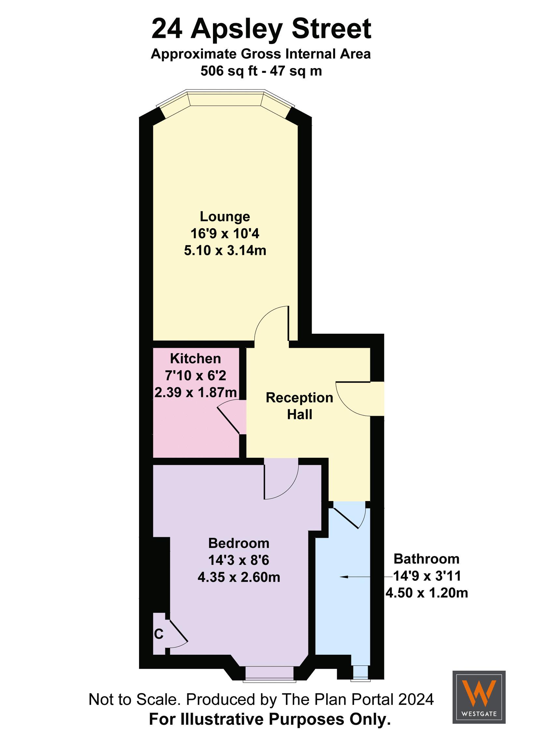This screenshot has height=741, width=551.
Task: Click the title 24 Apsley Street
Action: point(261,29)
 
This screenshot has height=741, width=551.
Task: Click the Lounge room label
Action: point(225,217)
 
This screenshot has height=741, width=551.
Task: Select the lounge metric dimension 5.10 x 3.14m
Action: point(225,250)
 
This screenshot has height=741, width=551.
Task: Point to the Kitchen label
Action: point(195,359)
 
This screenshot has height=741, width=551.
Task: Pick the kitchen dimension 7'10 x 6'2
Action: point(195,375)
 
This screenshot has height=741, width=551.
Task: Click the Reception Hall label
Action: point(299,406)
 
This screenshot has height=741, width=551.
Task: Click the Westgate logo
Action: point(479,697)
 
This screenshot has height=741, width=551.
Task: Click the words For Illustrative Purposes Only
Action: point(270,719)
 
